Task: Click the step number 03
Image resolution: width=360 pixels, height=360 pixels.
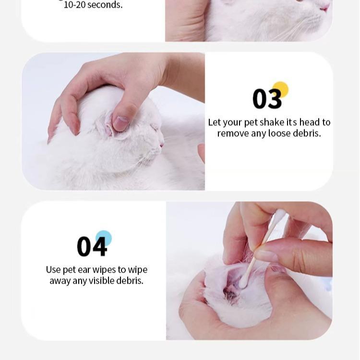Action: [267, 99]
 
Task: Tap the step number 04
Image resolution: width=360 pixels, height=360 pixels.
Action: [92, 247]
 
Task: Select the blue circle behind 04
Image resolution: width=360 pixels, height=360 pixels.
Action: [104, 238]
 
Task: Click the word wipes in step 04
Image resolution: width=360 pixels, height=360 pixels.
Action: [104, 270]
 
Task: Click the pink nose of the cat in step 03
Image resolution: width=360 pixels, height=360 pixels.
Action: [162, 145]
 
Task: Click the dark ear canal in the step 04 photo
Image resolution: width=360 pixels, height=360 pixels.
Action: [229, 293]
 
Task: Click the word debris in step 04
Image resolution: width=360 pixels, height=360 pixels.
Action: [130, 281]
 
